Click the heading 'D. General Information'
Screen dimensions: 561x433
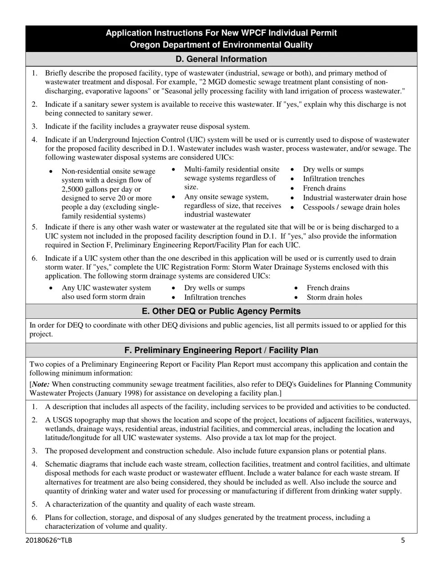pos(221,59)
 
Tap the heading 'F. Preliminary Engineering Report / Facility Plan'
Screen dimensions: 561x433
pos(221,350)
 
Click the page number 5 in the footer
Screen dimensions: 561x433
pos(402,540)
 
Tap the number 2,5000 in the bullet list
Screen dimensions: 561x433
pos(75,189)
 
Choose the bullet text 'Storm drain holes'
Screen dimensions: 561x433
pos(334,297)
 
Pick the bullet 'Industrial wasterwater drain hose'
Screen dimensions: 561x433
pos(354,198)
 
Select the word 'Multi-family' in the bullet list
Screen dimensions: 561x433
pos(205,169)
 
